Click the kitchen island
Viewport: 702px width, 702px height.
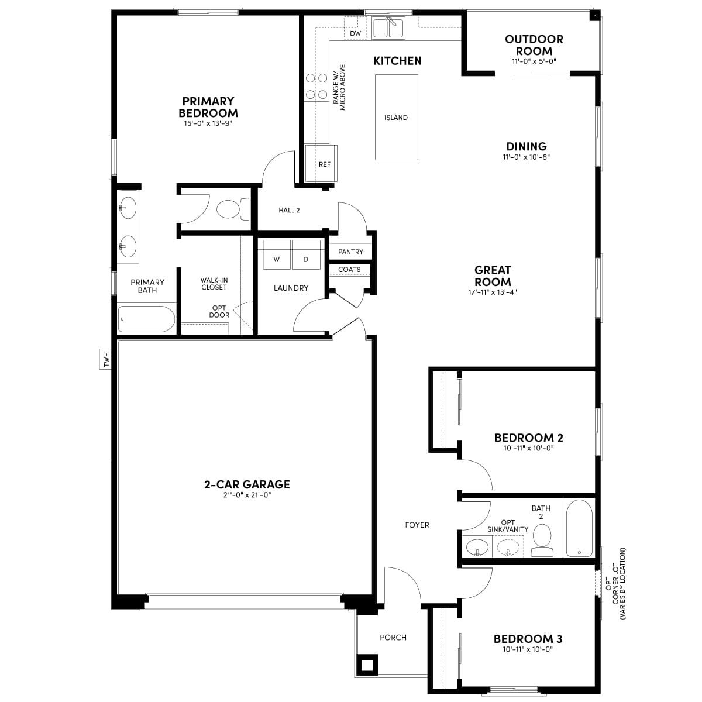(x=397, y=117)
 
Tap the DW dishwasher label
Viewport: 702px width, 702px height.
(x=355, y=33)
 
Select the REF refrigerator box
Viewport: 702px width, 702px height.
(x=321, y=163)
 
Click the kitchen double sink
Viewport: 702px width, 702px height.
(x=388, y=28)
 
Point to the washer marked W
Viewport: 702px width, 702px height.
(x=277, y=254)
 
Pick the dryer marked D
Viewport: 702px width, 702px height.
(x=307, y=254)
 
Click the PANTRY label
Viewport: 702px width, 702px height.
(x=350, y=252)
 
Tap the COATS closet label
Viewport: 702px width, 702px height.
(x=349, y=270)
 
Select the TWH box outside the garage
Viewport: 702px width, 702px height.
(x=105, y=359)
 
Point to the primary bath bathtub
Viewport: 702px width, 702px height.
(x=146, y=319)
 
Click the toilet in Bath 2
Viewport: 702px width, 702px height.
(x=542, y=541)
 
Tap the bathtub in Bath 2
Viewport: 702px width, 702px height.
(x=579, y=528)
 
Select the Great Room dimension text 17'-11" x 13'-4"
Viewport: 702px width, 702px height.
(x=493, y=292)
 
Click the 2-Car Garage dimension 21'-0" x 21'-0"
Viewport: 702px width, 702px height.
(x=247, y=495)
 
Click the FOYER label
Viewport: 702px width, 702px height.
(x=417, y=525)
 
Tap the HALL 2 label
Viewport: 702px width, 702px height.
(x=289, y=210)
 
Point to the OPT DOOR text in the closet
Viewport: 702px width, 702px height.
(x=219, y=311)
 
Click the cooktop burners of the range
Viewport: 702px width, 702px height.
(x=316, y=87)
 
